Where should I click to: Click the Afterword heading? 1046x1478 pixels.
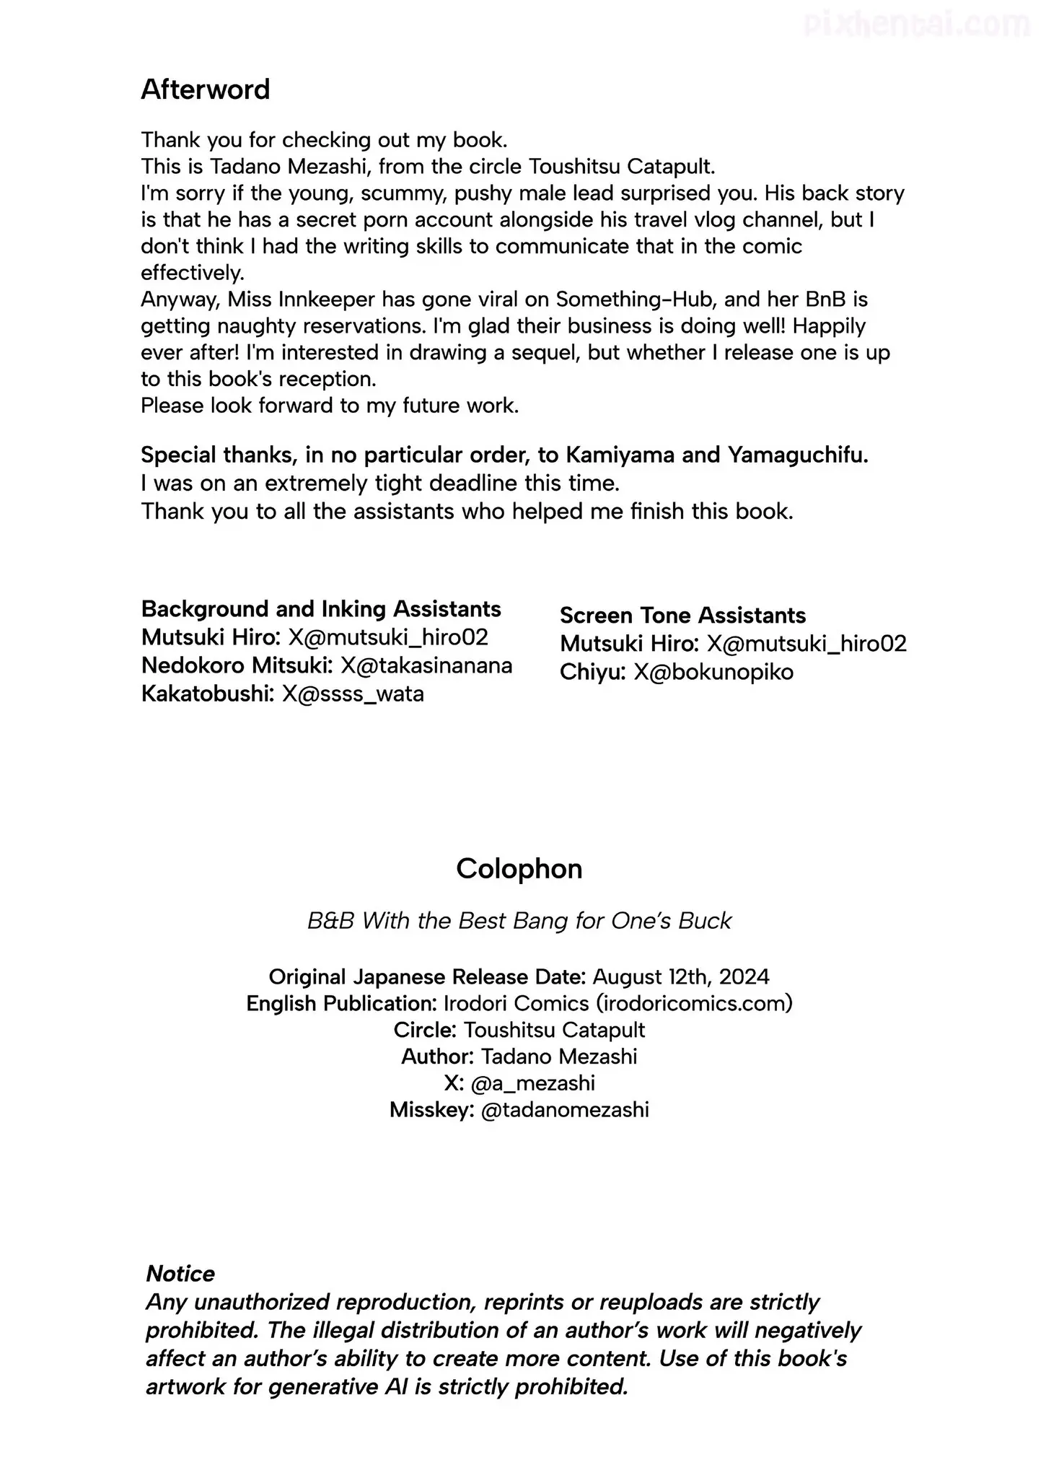(205, 89)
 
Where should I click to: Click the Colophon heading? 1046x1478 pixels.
(519, 868)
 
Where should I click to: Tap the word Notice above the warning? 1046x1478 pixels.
(180, 1273)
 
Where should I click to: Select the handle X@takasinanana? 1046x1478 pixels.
(426, 665)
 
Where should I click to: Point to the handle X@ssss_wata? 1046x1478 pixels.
(353, 694)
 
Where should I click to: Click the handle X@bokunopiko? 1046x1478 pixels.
(713, 673)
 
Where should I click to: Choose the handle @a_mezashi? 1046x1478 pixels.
(532, 1083)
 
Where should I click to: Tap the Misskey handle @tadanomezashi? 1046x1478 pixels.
(564, 1109)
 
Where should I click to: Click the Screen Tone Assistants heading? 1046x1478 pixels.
(682, 616)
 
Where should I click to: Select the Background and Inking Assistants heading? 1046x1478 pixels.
(321, 609)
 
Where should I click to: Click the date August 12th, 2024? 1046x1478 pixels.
(680, 976)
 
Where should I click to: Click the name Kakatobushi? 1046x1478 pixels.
(208, 694)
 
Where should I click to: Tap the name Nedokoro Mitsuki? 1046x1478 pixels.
(237, 665)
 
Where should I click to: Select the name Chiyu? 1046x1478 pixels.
(592, 673)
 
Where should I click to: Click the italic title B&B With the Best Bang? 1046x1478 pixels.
(519, 921)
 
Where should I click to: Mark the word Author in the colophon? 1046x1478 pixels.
(436, 1057)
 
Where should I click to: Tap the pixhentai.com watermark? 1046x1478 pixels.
(916, 26)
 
